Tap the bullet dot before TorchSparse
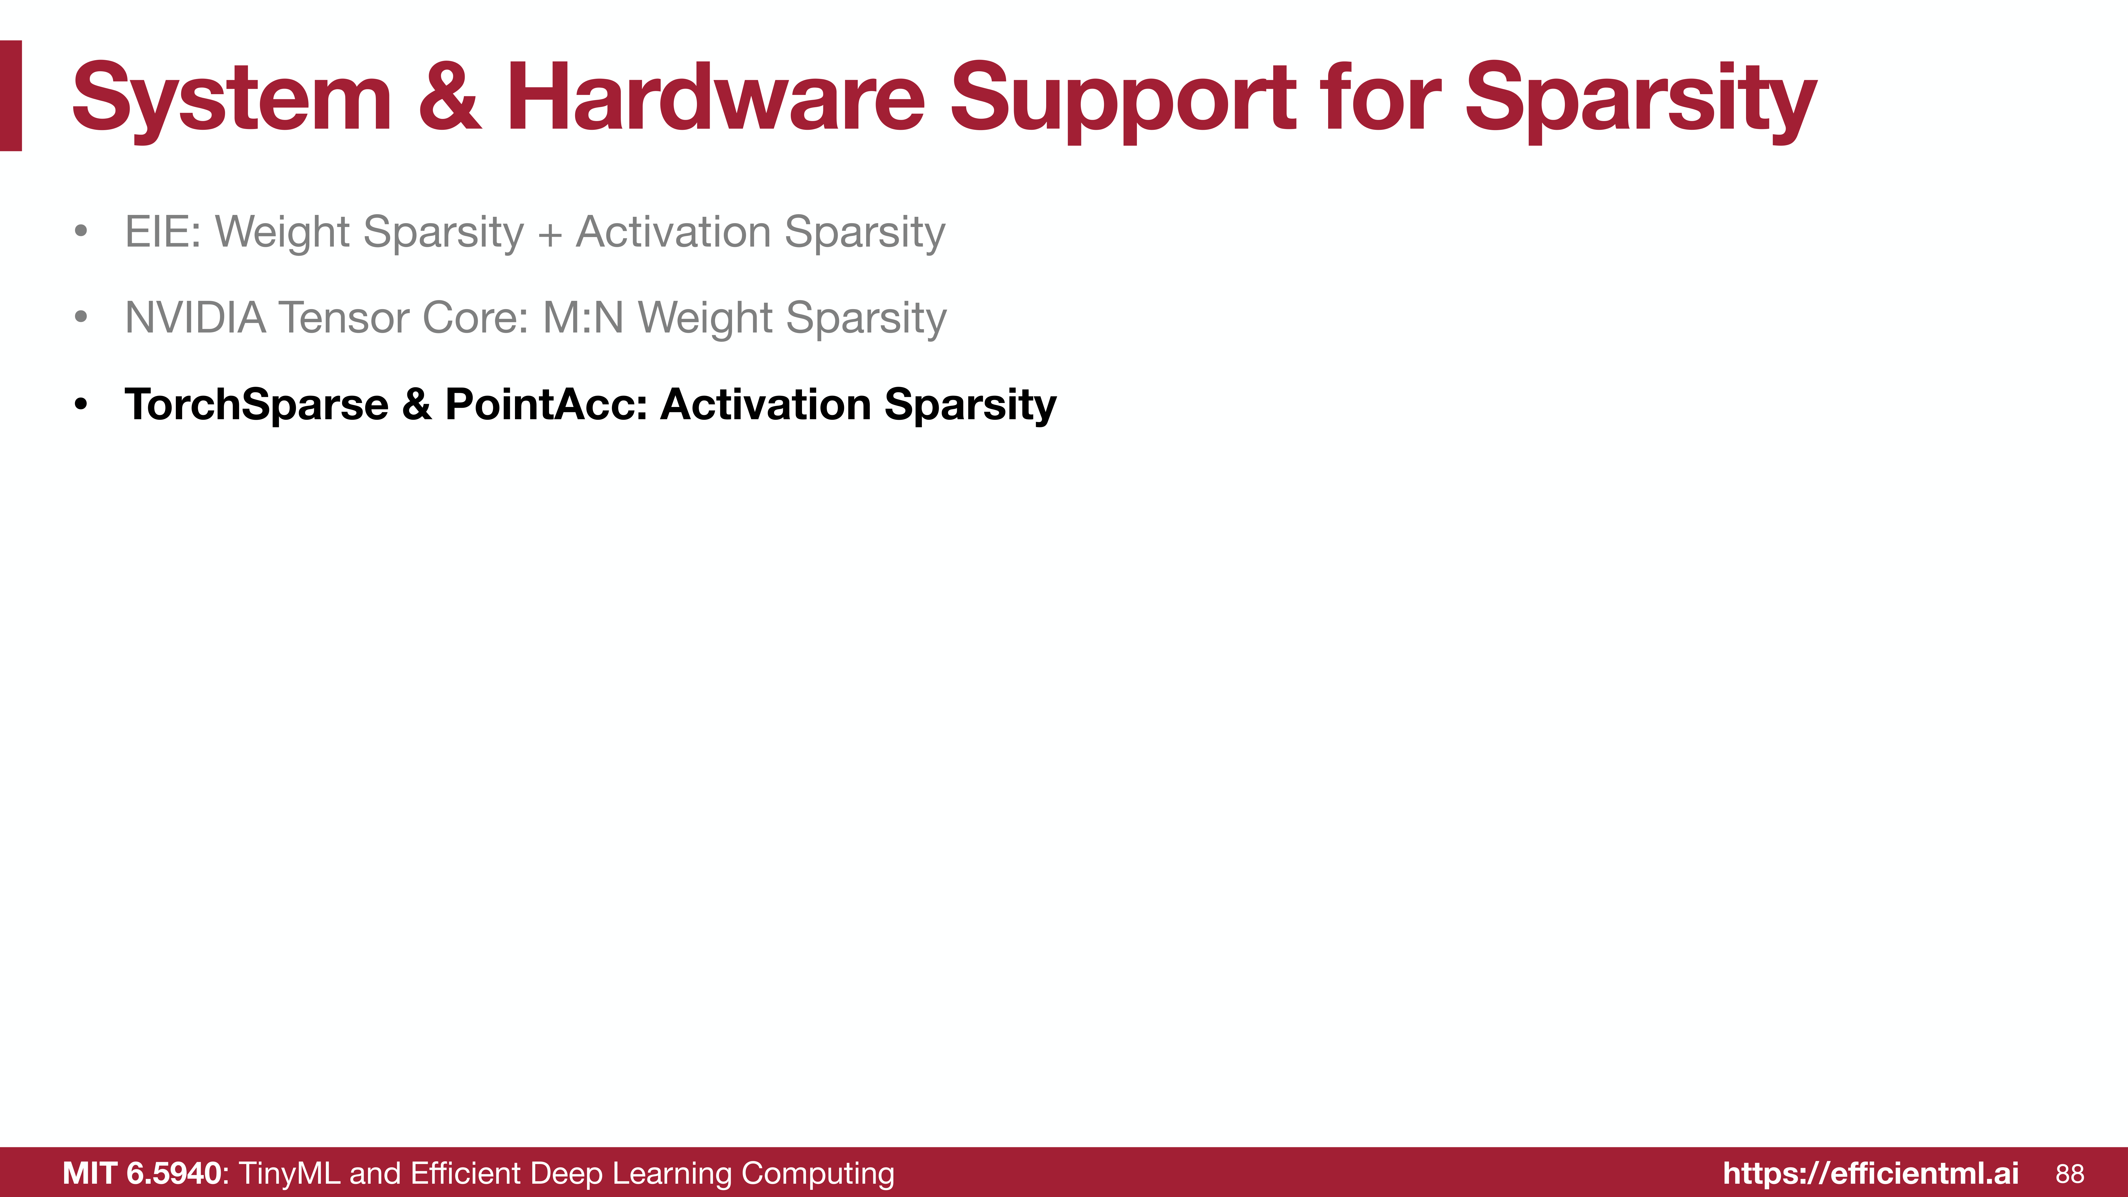click(80, 405)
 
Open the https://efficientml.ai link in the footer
click(1870, 1173)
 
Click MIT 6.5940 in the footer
click(142, 1173)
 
